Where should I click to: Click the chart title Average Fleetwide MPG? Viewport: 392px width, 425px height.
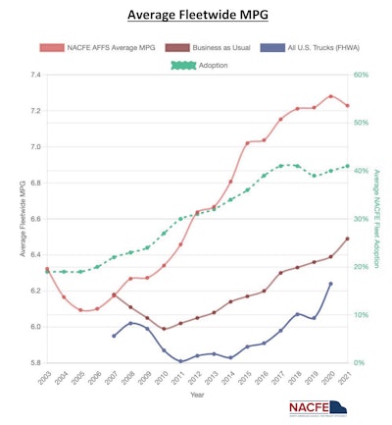(197, 16)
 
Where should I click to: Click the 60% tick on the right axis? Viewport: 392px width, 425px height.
(361, 76)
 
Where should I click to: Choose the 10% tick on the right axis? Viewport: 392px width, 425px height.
(361, 315)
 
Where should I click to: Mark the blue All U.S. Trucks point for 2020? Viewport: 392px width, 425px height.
(330, 284)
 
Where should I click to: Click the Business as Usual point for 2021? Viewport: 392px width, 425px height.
(347, 239)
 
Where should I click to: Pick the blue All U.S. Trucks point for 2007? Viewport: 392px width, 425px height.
(114, 336)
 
